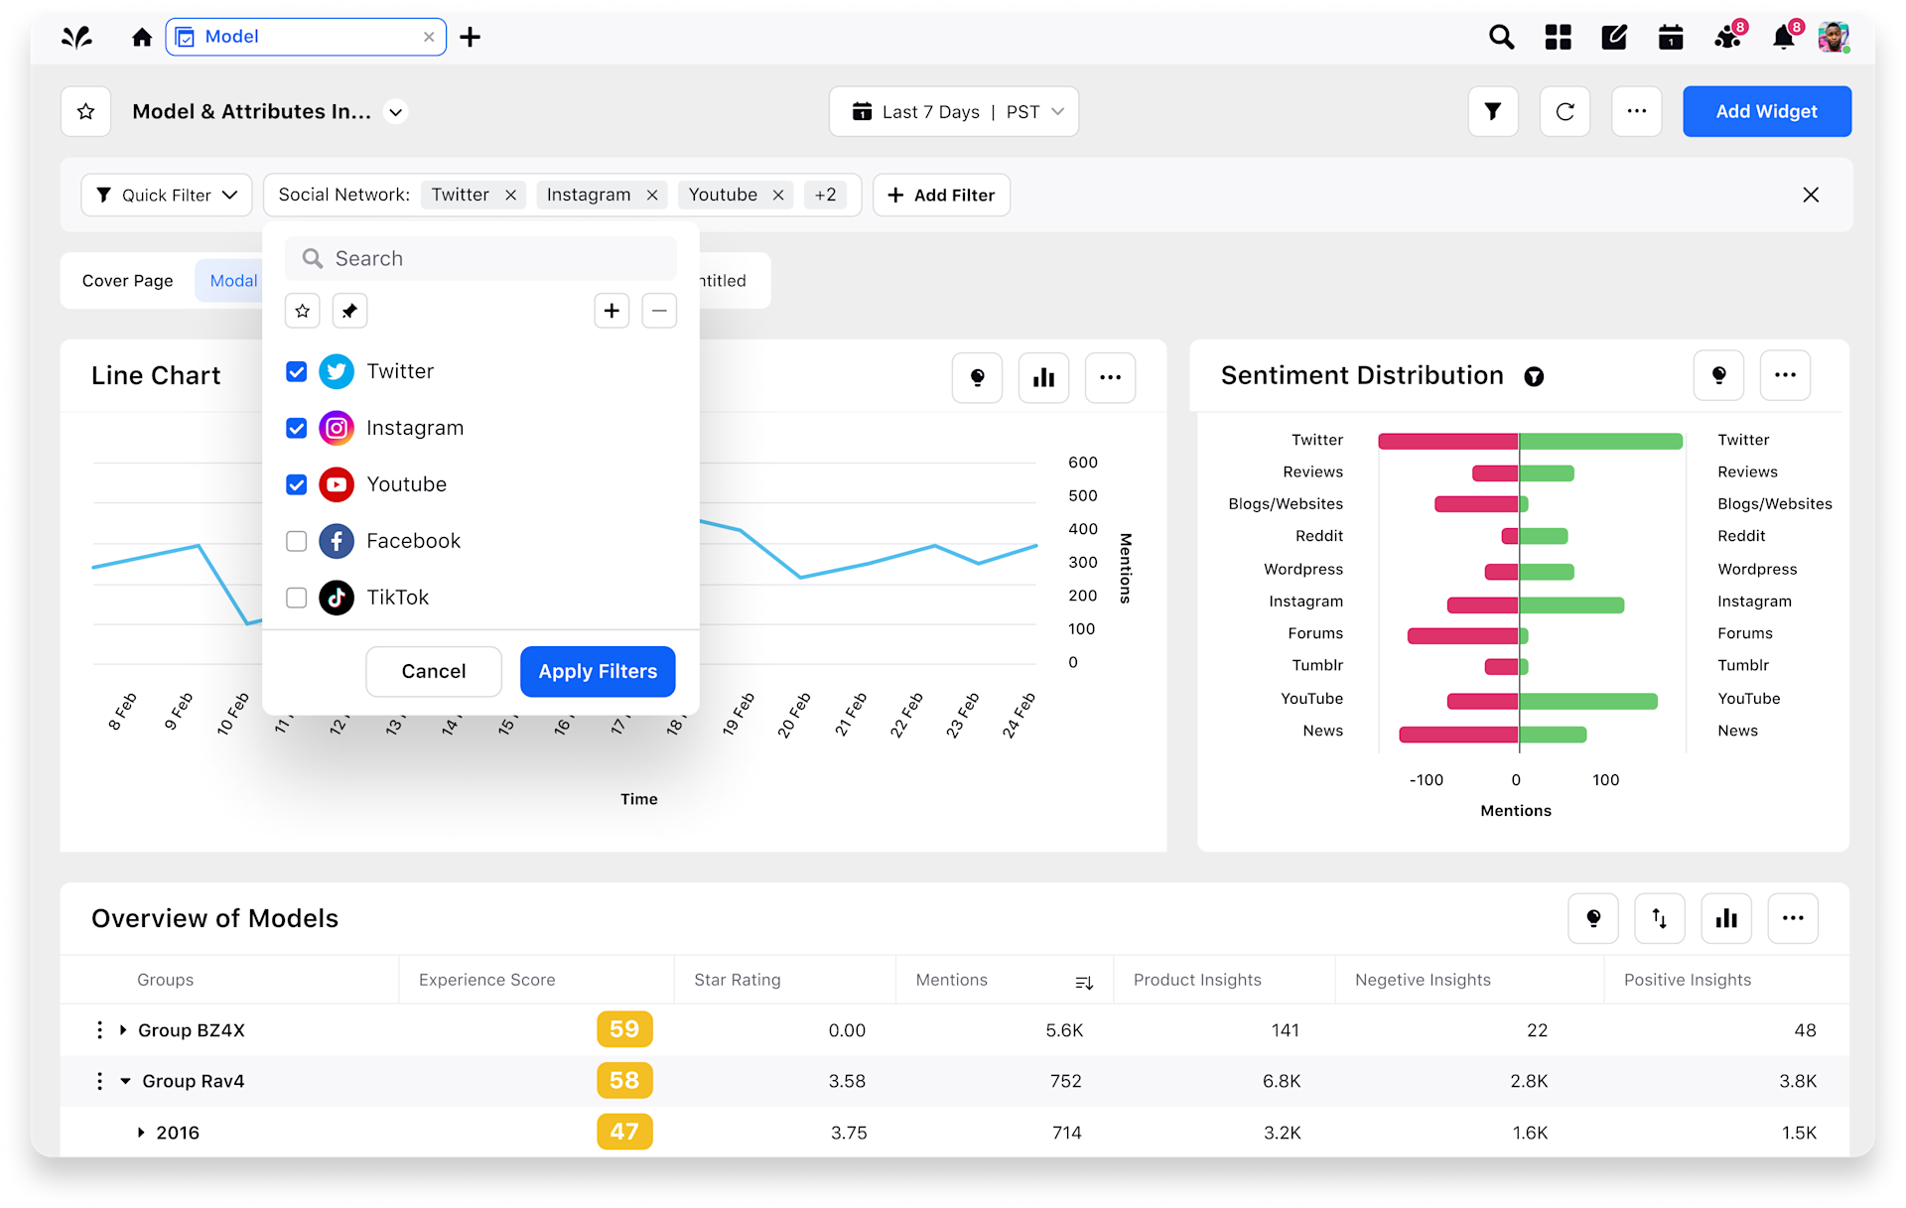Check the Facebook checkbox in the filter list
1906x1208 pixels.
coord(296,541)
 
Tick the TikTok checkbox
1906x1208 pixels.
coord(296,598)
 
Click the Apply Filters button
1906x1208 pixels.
coord(598,672)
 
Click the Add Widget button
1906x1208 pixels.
coord(1766,111)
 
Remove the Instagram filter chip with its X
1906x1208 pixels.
coord(652,196)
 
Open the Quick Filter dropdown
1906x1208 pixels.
coord(167,196)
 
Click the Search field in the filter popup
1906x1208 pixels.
coord(481,259)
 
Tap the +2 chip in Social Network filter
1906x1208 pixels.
coord(825,196)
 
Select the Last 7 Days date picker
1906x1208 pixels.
coord(953,112)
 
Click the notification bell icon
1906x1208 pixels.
coord(1783,39)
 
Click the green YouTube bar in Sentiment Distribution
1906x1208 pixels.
coord(1588,702)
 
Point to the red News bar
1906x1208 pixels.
coord(1458,735)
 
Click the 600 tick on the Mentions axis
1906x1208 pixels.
coord(1082,463)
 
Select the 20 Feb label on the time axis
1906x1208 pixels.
coord(793,715)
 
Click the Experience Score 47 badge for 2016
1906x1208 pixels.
coord(624,1132)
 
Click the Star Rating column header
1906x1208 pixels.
coord(738,980)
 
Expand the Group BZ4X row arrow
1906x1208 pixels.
coord(123,1030)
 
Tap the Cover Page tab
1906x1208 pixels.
coord(128,281)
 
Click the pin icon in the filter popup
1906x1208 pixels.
coord(349,312)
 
